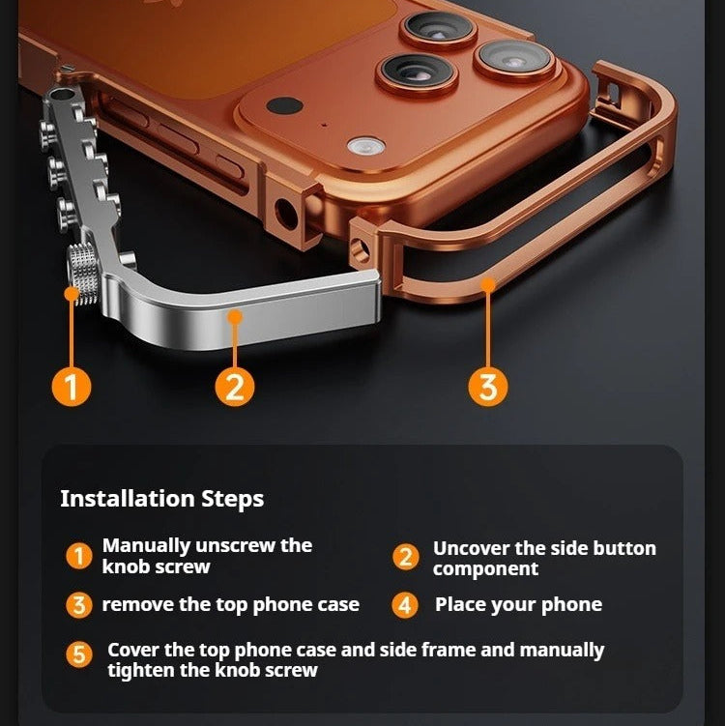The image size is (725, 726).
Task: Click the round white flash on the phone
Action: [366, 146]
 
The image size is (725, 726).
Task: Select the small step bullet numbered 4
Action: [405, 606]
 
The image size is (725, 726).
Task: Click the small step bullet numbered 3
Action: [78, 606]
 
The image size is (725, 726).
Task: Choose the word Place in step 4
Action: [459, 605]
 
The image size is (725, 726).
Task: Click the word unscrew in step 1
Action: [240, 545]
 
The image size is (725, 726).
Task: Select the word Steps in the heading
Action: [232, 499]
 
